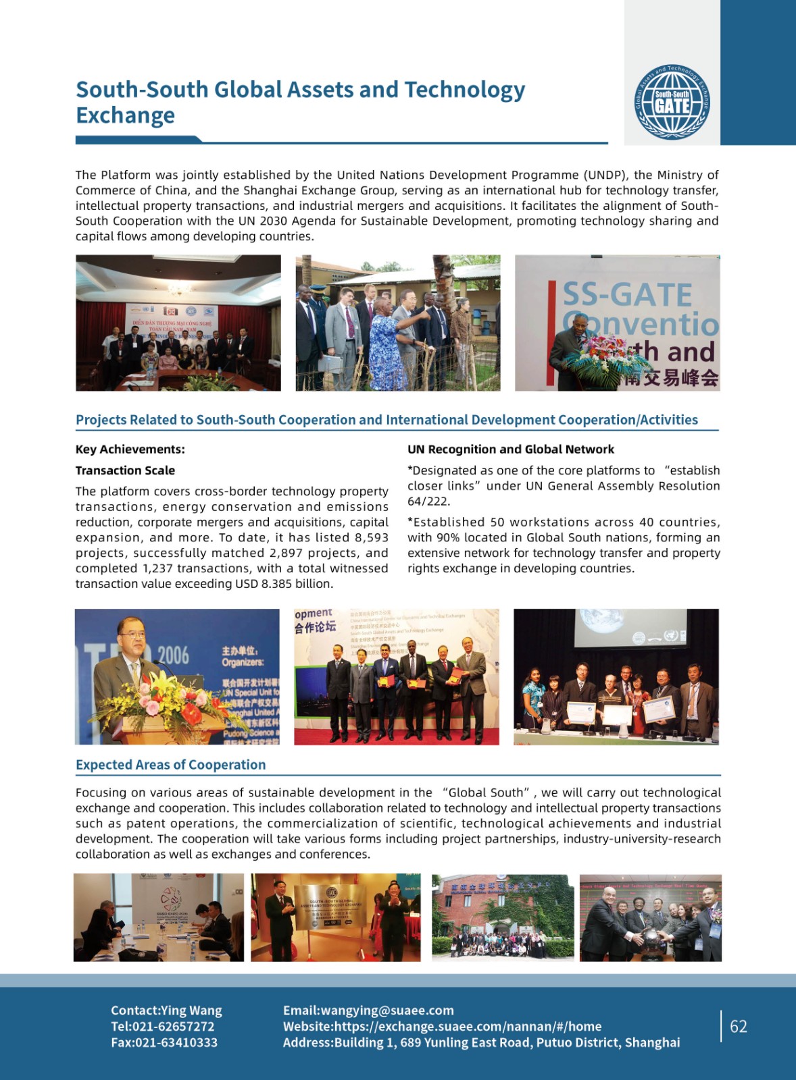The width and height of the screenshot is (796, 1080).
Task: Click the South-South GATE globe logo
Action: [x=672, y=102]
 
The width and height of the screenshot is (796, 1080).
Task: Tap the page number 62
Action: [x=739, y=1026]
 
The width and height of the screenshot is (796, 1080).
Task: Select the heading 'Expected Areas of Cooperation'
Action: [x=170, y=765]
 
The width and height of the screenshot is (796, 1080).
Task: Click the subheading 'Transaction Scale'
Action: [x=125, y=470]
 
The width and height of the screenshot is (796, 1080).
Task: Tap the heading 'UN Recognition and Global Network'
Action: [x=511, y=450]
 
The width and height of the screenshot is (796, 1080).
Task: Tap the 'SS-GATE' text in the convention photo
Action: [x=627, y=295]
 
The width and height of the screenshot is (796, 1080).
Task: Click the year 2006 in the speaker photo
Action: [x=173, y=655]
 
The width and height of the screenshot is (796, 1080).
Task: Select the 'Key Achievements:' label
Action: [x=130, y=450]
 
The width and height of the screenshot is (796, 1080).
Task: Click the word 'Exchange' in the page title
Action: [x=125, y=115]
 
